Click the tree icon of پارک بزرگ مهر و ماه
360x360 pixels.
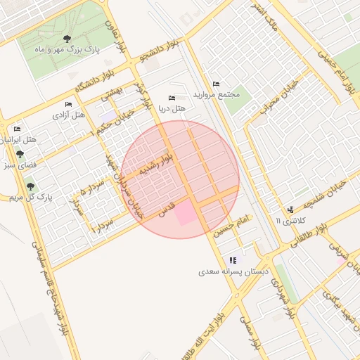67,39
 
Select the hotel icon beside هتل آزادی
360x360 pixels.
69,104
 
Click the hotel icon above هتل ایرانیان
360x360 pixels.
17,129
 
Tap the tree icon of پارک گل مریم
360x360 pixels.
30,186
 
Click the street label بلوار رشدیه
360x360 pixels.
154,166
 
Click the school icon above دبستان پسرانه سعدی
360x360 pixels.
233,259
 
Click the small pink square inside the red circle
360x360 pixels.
186,212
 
